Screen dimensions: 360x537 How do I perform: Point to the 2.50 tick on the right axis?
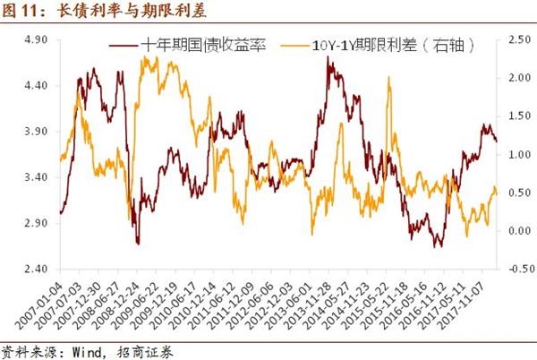click(516, 39)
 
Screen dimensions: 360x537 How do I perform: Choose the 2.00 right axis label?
click(516, 78)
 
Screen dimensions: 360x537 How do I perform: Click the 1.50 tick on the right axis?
click(516, 116)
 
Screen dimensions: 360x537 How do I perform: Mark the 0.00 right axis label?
click(516, 230)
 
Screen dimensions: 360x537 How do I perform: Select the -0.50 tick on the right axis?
click(516, 268)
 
